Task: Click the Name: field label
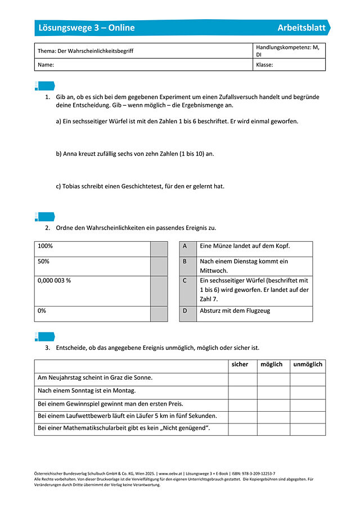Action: point(46,65)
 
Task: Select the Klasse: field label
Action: point(264,65)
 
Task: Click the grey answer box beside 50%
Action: point(159,265)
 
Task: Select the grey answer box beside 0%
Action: point(159,314)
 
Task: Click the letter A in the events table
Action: point(184,246)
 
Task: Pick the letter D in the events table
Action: point(184,310)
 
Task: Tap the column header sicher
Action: point(240,364)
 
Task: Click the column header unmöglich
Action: point(308,364)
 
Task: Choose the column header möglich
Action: point(272,364)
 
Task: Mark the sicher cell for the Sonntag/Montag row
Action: point(242,391)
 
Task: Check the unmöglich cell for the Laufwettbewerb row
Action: point(308,417)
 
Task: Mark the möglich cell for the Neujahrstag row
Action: point(273,379)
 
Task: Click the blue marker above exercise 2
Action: point(45,217)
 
